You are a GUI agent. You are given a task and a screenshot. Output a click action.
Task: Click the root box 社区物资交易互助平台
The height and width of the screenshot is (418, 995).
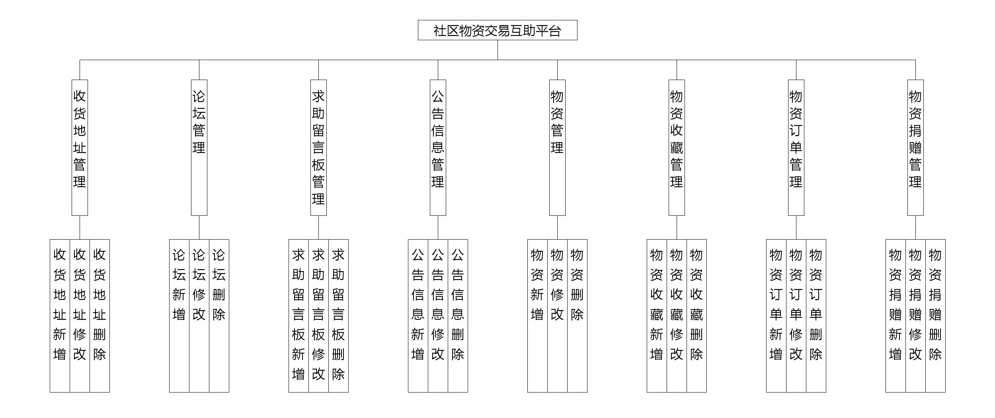[x=497, y=30]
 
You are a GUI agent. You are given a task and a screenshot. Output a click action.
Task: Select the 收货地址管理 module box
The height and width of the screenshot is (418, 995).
[x=80, y=147]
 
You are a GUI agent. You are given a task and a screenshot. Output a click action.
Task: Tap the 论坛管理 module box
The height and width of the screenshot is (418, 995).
[x=199, y=147]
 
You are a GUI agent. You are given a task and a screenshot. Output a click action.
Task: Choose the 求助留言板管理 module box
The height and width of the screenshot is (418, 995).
[x=318, y=147]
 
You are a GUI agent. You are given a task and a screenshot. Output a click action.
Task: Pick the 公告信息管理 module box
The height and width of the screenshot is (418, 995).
[x=438, y=147]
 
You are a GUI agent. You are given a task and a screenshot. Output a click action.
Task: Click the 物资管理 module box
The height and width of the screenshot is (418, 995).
[x=557, y=147]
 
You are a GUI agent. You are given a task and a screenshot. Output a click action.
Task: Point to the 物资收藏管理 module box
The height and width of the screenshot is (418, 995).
[x=677, y=147]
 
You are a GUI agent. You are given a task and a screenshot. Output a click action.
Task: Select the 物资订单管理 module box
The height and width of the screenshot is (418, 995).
[x=796, y=147]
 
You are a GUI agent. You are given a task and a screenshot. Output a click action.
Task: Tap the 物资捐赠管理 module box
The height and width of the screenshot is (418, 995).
[x=915, y=147]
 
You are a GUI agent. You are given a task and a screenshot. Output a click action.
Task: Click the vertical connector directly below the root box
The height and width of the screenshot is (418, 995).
[x=497, y=50]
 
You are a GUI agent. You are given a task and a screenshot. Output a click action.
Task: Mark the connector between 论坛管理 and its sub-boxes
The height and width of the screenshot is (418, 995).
[x=199, y=227]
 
